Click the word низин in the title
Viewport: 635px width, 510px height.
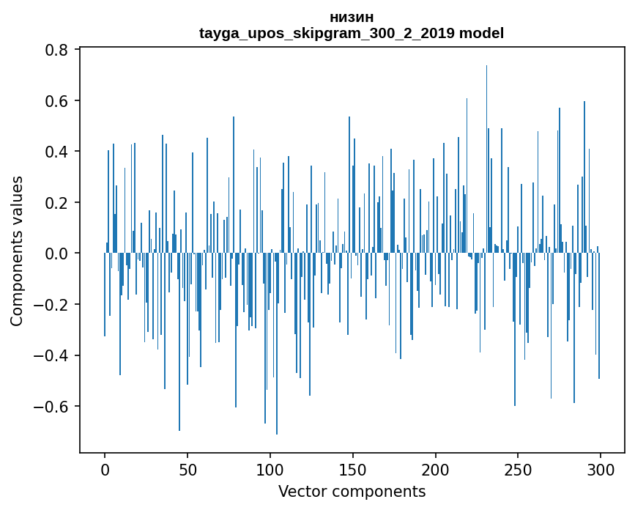(x=352, y=18)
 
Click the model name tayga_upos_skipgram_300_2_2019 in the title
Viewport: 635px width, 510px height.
(x=327, y=34)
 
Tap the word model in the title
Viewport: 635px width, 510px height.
(x=482, y=34)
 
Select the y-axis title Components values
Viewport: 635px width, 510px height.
(x=17, y=251)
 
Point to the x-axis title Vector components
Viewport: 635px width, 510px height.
(x=352, y=491)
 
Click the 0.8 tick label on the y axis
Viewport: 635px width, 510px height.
(x=58, y=50)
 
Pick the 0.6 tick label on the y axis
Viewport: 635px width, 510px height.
(x=58, y=100)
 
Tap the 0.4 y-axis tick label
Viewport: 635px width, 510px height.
(x=58, y=152)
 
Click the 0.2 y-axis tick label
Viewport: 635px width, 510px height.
(x=58, y=202)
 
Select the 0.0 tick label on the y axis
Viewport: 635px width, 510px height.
(x=58, y=254)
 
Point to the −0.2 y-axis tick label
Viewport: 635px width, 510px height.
(x=53, y=305)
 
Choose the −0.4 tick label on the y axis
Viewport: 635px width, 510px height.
(x=53, y=355)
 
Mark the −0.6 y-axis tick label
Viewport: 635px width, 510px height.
(x=53, y=407)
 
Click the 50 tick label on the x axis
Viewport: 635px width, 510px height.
(x=187, y=469)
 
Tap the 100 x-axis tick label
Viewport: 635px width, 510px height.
(x=270, y=469)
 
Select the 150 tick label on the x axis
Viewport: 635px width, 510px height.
(x=352, y=469)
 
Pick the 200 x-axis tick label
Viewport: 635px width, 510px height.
(x=435, y=469)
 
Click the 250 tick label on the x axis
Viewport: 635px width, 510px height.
(x=518, y=469)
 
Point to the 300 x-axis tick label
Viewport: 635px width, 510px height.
(x=601, y=469)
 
